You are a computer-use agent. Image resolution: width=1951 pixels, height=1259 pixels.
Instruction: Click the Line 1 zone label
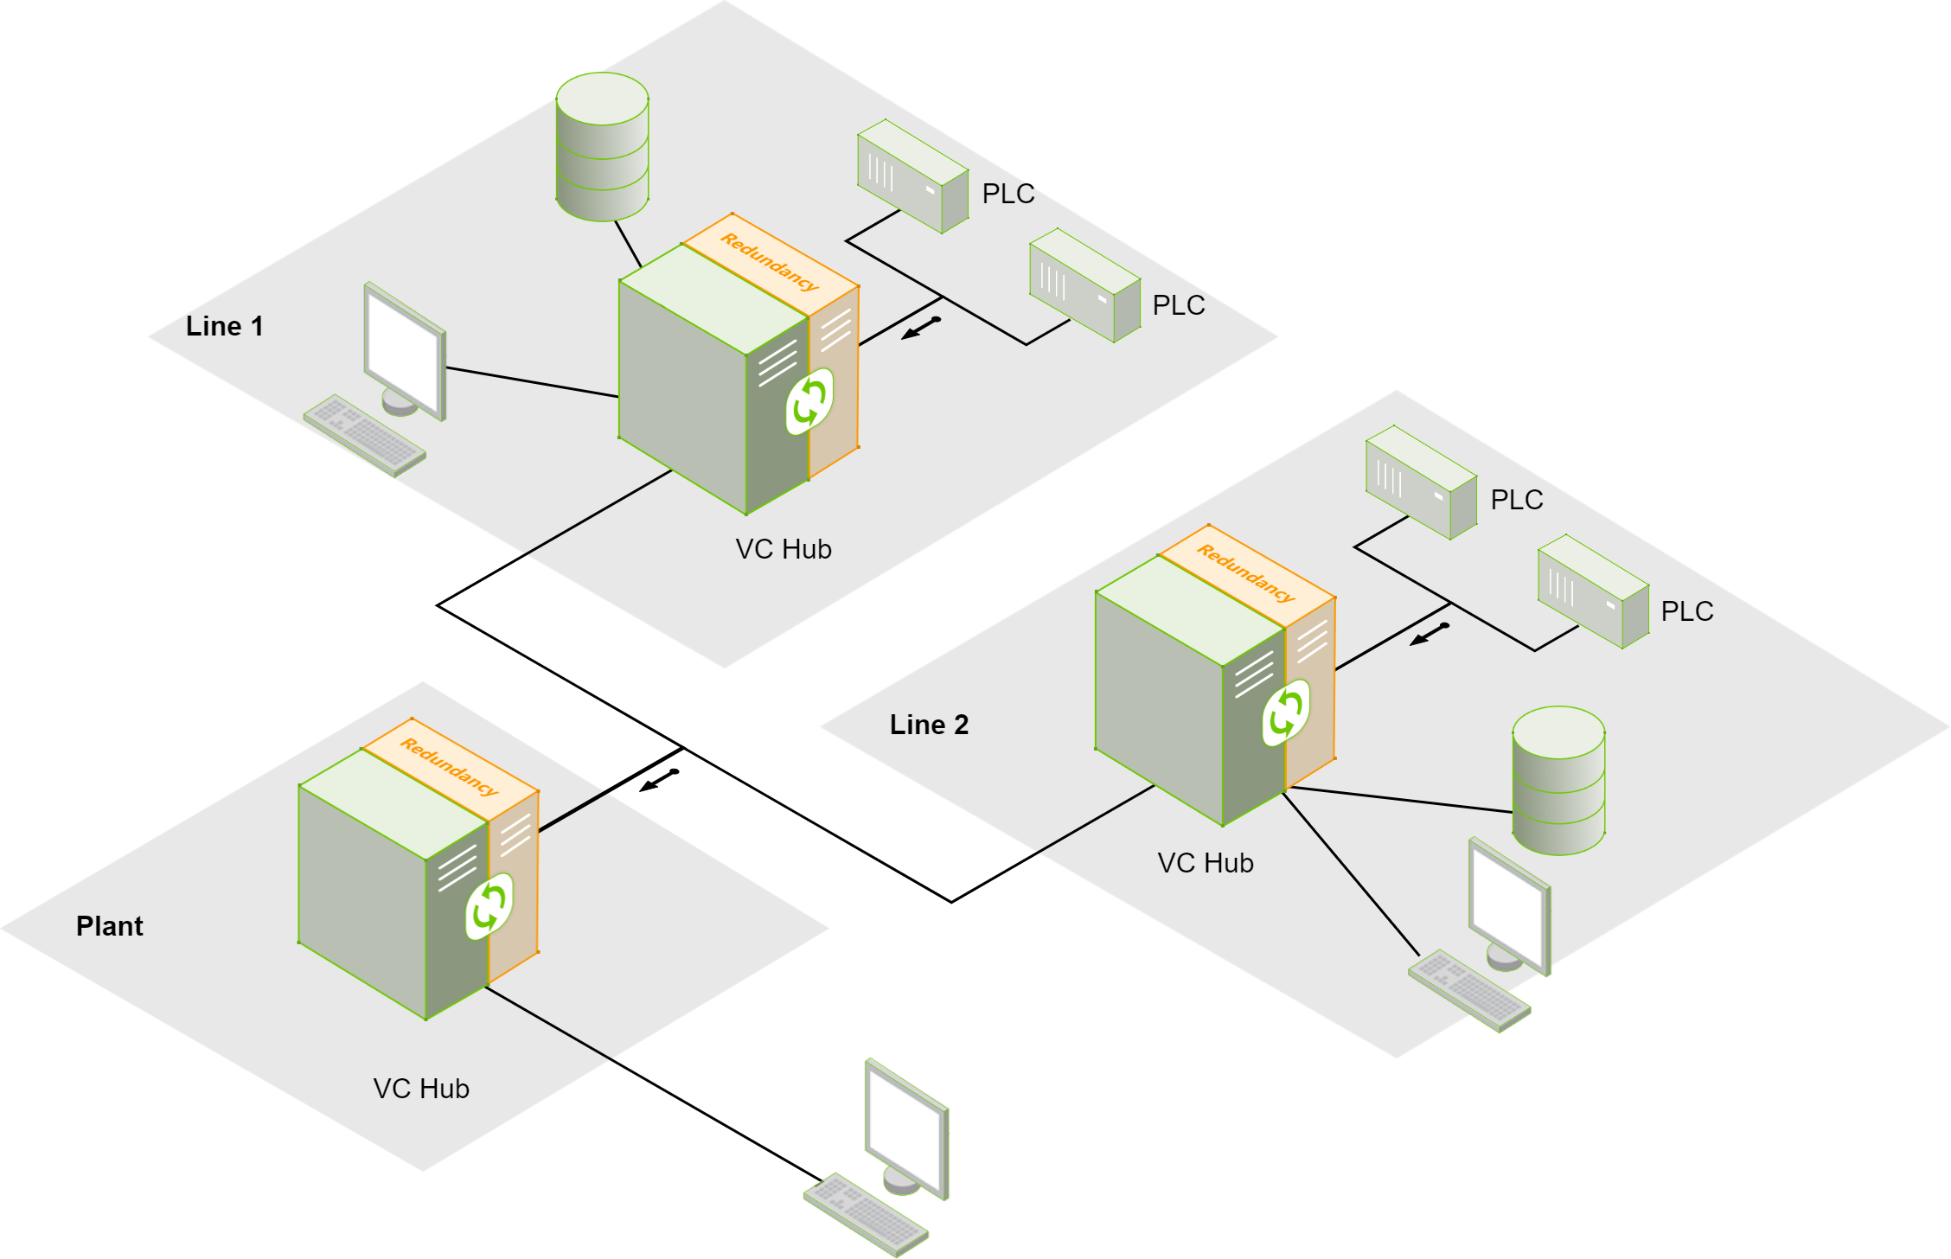(224, 326)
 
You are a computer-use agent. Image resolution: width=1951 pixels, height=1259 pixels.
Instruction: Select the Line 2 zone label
(929, 725)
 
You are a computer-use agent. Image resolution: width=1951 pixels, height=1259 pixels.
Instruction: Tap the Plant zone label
(109, 926)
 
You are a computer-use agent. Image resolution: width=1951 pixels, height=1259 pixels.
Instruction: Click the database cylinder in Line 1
(602, 147)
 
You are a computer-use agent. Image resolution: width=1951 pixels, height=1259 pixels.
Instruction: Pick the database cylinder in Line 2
(1558, 781)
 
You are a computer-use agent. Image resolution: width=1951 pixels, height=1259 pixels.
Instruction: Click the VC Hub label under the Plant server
(421, 1089)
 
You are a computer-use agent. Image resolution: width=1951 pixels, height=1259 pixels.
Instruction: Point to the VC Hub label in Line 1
(784, 549)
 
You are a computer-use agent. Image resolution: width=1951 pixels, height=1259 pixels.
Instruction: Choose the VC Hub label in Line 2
(1206, 863)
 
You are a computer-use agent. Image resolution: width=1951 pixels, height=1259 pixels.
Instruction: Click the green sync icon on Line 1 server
(809, 401)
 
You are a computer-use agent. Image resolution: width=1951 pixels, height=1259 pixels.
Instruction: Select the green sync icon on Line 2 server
(1286, 713)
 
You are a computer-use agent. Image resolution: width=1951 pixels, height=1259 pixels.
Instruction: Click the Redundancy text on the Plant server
(450, 766)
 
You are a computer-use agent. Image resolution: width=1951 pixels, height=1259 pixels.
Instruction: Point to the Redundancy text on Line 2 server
(1246, 572)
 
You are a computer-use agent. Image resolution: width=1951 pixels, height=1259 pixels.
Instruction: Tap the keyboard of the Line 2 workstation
(1469, 990)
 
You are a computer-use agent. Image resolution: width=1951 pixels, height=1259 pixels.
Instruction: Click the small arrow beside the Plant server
(659, 780)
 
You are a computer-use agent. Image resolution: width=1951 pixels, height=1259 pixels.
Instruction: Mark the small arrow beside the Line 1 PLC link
(920, 328)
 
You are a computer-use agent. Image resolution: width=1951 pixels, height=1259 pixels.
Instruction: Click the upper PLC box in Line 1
(912, 176)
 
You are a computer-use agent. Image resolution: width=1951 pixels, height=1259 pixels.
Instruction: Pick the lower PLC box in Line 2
(1593, 591)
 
